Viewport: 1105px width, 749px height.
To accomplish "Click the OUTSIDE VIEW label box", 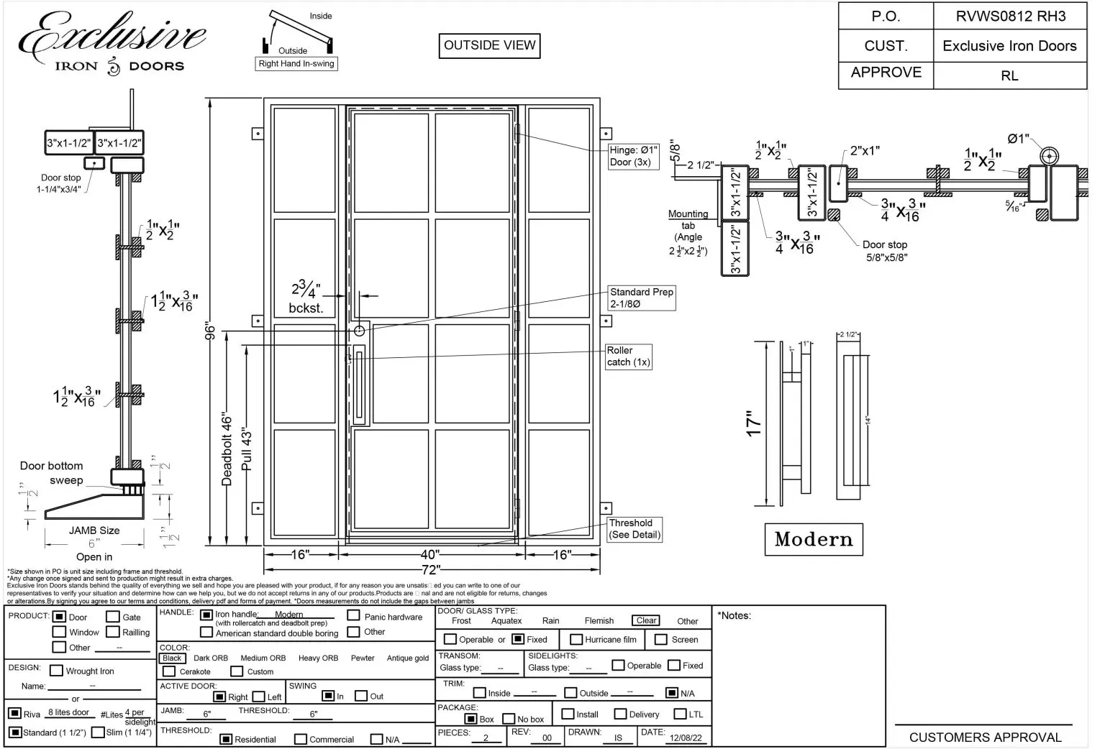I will [x=489, y=46].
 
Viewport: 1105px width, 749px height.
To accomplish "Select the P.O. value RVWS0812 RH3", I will [x=1010, y=16].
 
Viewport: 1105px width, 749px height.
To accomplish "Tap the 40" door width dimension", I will [x=430, y=555].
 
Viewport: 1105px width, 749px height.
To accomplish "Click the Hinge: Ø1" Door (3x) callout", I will [x=633, y=156].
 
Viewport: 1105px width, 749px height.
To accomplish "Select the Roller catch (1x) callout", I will [x=629, y=357].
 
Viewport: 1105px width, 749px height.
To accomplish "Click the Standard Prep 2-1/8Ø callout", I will [x=642, y=298].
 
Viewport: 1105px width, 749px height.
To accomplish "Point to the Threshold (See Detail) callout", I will [x=635, y=529].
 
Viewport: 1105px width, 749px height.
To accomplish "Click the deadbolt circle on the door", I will [x=359, y=331].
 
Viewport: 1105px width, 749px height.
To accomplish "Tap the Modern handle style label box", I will [x=814, y=539].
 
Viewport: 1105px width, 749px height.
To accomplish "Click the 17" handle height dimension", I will [x=753, y=423].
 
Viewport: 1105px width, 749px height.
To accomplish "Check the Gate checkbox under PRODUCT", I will [x=113, y=617].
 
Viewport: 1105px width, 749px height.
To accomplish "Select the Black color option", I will [x=172, y=658].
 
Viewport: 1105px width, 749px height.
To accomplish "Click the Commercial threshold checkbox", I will [x=301, y=739].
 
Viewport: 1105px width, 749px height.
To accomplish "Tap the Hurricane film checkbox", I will [x=576, y=639].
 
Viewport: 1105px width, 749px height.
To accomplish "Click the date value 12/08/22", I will [x=686, y=737].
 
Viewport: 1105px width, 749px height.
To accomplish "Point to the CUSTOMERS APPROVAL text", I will [x=985, y=737].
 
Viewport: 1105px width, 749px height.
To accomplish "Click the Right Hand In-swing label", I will [x=296, y=64].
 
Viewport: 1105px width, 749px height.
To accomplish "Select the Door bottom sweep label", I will [x=52, y=473].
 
